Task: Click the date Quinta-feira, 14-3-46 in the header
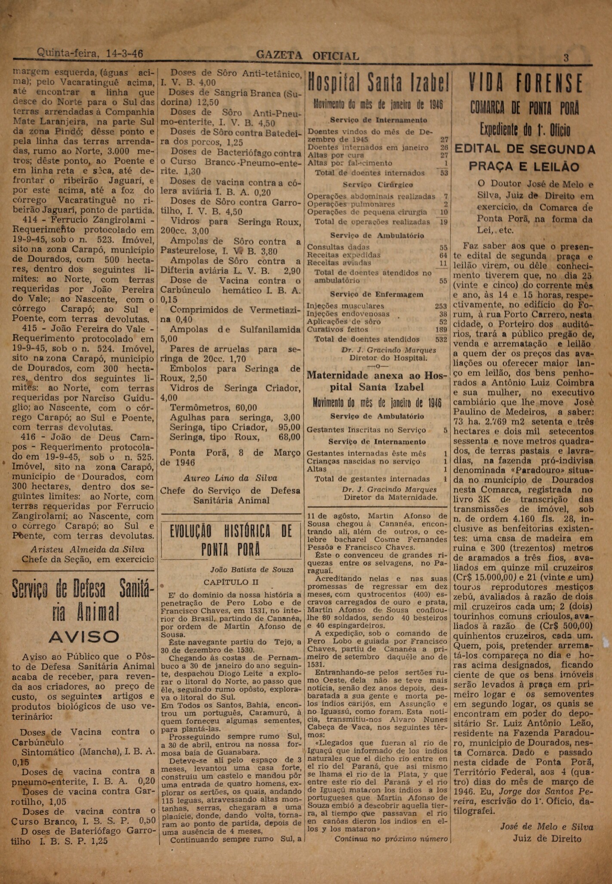click(x=90, y=54)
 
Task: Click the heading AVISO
click(x=84, y=636)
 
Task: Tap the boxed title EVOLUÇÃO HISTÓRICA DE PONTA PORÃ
click(x=231, y=541)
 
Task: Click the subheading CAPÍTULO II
click(x=226, y=582)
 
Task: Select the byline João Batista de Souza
click(x=252, y=569)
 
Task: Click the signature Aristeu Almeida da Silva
click(x=87, y=549)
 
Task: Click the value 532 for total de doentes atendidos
click(x=441, y=339)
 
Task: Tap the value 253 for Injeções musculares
click(x=441, y=306)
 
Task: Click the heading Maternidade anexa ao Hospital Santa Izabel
click(x=377, y=381)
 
